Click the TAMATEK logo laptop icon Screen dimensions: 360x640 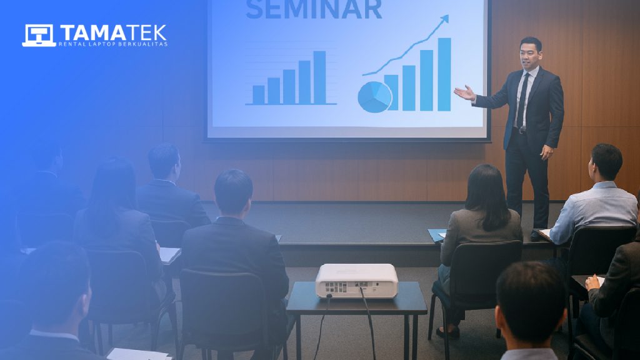pyautogui.click(x=39, y=36)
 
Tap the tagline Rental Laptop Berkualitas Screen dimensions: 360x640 pyautogui.click(x=113, y=44)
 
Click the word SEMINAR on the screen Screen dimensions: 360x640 pyautogui.click(x=313, y=9)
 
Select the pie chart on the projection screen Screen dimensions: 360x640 pyautogui.click(x=374, y=97)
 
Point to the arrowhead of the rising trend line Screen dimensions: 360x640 pyautogui.click(x=444, y=19)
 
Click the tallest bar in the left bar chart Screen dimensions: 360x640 pyautogui.click(x=319, y=77)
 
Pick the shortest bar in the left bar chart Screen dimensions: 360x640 pyautogui.click(x=258, y=94)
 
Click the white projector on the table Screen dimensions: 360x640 pyautogui.click(x=356, y=280)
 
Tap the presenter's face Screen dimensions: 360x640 pyautogui.click(x=529, y=54)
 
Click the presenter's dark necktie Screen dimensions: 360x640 pyautogui.click(x=522, y=100)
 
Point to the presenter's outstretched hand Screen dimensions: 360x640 pyautogui.click(x=464, y=93)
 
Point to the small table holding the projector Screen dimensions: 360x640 pyautogui.click(x=356, y=303)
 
